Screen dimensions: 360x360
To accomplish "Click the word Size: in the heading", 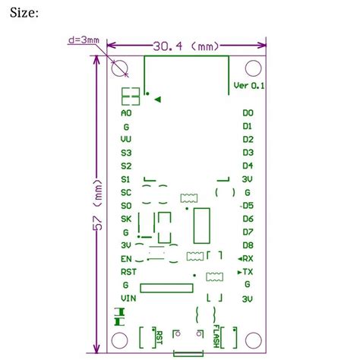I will (33, 13).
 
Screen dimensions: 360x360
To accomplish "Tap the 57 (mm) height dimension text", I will (97, 206).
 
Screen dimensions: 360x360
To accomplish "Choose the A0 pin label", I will (125, 113).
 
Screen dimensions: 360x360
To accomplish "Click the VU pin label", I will (125, 140).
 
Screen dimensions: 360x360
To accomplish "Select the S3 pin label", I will (125, 153).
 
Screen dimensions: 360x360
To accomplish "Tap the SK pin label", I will (125, 219).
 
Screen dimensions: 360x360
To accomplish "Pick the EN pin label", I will (125, 258).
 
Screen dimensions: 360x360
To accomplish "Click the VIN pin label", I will (128, 298).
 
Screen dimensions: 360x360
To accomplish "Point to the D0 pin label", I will (248, 113).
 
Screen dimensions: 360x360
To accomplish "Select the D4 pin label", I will (248, 166).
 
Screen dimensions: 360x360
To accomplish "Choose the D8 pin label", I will (248, 245).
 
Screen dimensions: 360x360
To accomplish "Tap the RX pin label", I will (247, 258).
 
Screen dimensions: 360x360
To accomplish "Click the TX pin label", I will (247, 271).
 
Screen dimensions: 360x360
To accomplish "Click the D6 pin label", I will (248, 219).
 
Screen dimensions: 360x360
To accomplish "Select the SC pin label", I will (125, 192).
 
